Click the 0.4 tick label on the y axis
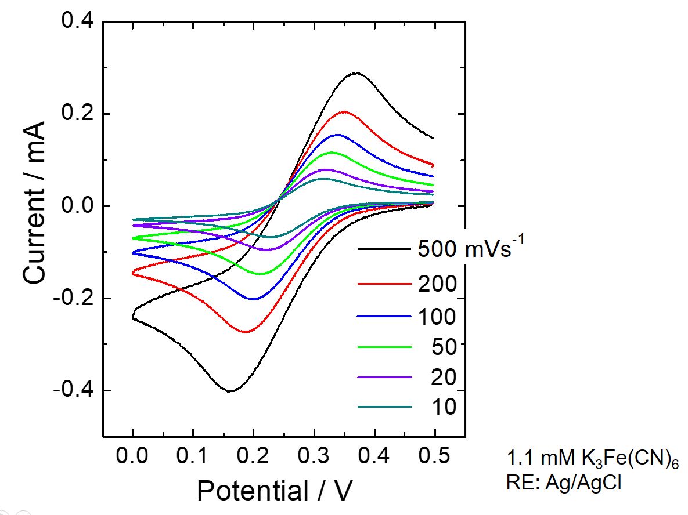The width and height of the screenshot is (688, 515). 77,21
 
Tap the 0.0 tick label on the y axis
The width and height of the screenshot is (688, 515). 77,206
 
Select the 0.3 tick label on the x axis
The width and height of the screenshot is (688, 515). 314,457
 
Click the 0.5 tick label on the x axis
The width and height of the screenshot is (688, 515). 434,457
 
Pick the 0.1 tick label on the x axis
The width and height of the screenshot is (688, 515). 193,457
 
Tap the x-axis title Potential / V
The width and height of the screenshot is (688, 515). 275,491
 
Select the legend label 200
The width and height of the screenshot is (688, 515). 437,285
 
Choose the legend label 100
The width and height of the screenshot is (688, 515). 437,317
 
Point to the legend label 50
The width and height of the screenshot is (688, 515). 444,347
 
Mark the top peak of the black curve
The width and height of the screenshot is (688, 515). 355,73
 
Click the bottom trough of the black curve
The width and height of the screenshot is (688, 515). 231,391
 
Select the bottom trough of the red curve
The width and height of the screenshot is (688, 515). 246,332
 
